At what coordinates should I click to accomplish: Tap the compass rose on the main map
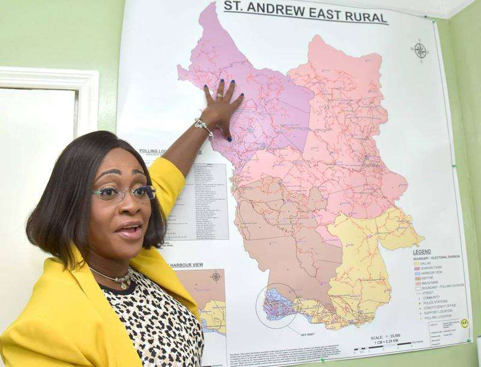[420, 51]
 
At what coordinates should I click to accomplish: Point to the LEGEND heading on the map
[421, 251]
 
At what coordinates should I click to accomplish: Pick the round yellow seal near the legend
[464, 323]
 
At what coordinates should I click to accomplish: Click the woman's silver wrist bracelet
[204, 126]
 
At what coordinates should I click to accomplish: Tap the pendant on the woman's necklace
[124, 283]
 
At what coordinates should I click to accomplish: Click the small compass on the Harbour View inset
[216, 277]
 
